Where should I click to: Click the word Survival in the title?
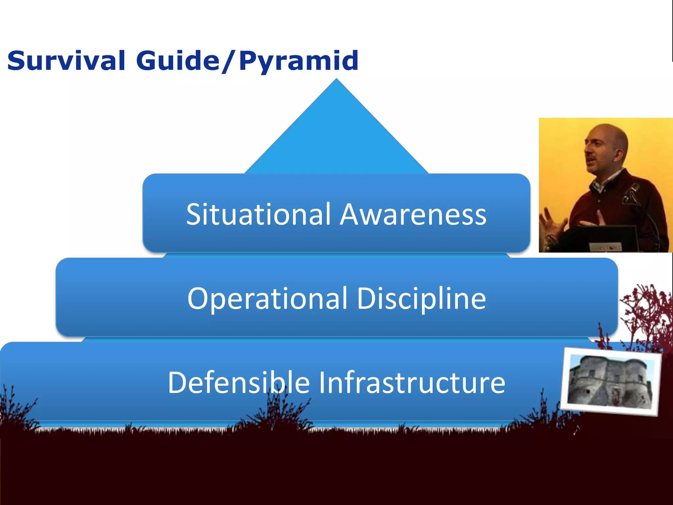point(66,61)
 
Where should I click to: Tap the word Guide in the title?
point(178,61)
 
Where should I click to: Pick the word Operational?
point(267,299)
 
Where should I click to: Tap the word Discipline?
point(421,299)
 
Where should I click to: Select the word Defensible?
point(239,382)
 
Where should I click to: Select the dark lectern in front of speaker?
point(601,238)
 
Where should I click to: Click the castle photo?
point(611,381)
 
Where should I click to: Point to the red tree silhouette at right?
point(644,312)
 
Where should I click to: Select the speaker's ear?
point(618,155)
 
